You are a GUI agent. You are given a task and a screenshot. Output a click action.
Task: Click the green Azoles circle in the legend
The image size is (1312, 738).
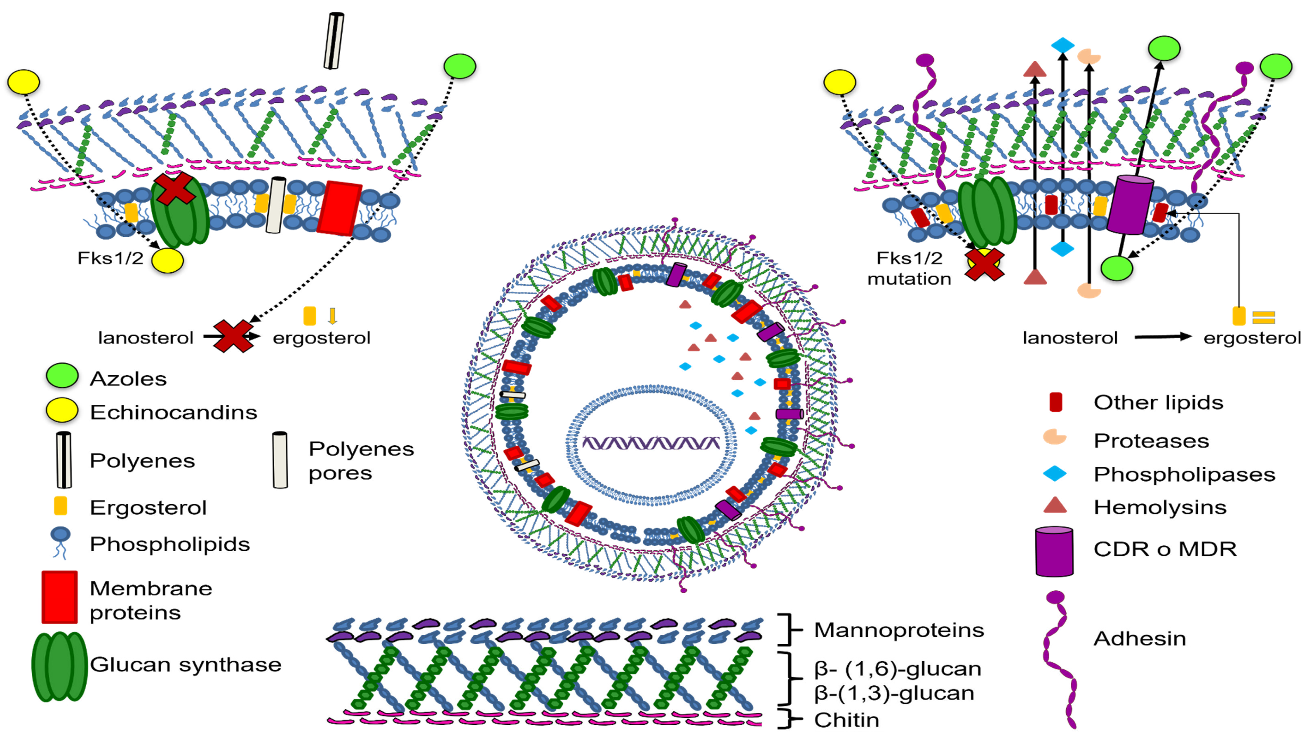tap(62, 376)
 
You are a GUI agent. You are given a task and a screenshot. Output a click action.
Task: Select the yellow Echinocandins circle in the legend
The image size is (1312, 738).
tap(62, 410)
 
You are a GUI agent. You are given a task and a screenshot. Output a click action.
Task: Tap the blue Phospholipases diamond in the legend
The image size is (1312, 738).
tap(1055, 473)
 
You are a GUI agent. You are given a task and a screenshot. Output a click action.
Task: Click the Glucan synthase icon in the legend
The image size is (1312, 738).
tap(60, 666)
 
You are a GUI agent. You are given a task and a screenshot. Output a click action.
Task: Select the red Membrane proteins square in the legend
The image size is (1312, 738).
tap(60, 597)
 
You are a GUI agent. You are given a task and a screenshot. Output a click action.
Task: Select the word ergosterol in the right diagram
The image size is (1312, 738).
tap(1252, 338)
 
